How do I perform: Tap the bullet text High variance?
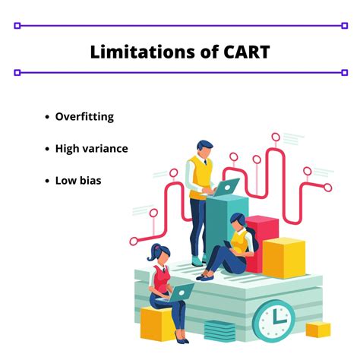click(91, 148)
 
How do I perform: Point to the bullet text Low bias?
click(78, 181)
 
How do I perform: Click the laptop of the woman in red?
click(182, 291)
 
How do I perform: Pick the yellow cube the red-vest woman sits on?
click(156, 324)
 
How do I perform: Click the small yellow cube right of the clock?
click(318, 330)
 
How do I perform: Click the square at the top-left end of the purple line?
click(17, 25)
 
